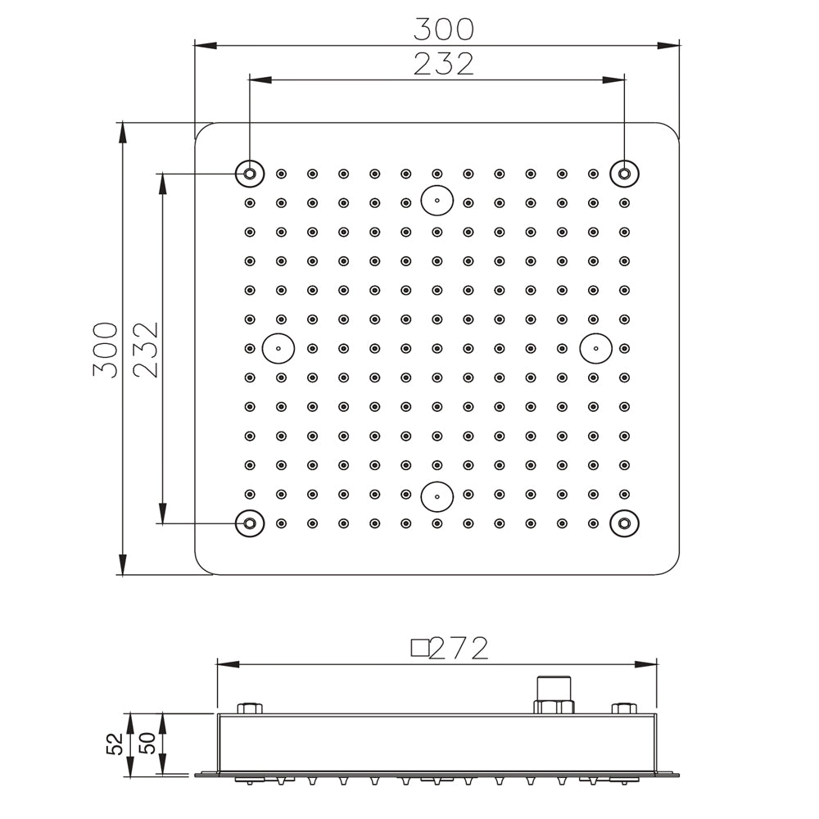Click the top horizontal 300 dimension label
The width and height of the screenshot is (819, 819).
pyautogui.click(x=443, y=29)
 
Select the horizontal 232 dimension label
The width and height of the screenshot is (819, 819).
pyautogui.click(x=443, y=64)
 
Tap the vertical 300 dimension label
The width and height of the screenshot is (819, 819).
pyautogui.click(x=106, y=349)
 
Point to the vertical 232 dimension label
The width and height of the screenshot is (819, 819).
pyautogui.click(x=146, y=349)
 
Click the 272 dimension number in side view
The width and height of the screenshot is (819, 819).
pyautogui.click(x=459, y=649)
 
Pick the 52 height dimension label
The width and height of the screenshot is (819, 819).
pyautogui.click(x=115, y=744)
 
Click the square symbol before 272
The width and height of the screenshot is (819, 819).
pyautogui.click(x=419, y=649)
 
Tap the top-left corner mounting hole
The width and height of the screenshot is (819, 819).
pyautogui.click(x=250, y=173)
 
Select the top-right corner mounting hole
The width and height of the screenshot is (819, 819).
pyautogui.click(x=624, y=173)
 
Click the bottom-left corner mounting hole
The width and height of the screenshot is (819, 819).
pyautogui.click(x=250, y=523)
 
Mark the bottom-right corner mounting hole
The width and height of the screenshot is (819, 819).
pyautogui.click(x=624, y=523)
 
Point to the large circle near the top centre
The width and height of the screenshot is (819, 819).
pyautogui.click(x=437, y=200)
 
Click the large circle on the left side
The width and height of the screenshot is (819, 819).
pyautogui.click(x=278, y=348)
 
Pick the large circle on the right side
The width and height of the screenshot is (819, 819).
pyautogui.click(x=595, y=348)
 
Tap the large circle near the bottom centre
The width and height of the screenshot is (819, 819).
pyautogui.click(x=437, y=495)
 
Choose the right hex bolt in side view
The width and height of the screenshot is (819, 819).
pyautogui.click(x=624, y=708)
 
